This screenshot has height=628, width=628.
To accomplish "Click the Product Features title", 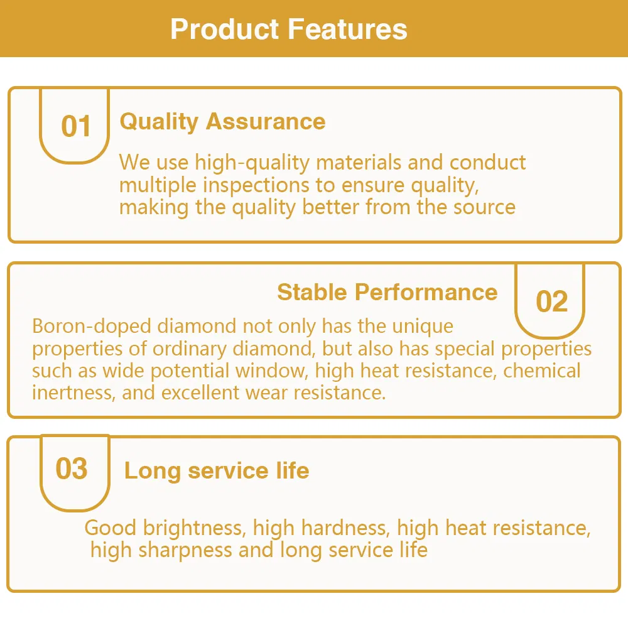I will [289, 30].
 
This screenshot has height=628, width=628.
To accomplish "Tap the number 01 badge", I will [76, 126].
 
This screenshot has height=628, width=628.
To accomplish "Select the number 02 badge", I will [551, 302].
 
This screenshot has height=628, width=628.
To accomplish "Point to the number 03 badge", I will [72, 469].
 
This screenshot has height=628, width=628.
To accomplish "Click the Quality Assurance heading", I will [222, 121].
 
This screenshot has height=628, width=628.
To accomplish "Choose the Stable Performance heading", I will [387, 292].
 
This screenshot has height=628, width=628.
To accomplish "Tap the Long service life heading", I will [217, 470].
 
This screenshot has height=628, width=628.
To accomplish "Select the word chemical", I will [542, 371].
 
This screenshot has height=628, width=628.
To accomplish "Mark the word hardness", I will [350, 528].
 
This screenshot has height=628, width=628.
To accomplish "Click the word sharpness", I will [185, 550].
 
